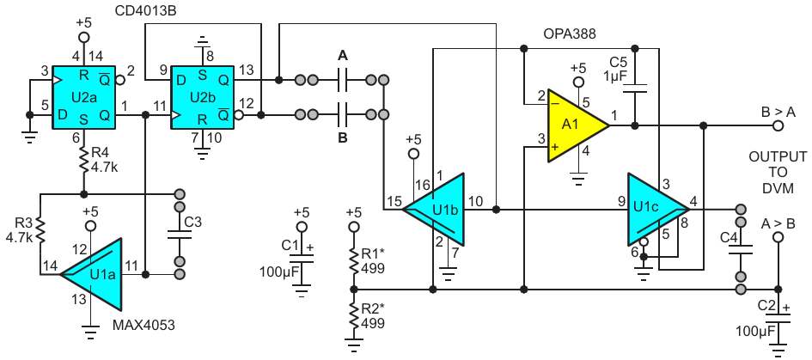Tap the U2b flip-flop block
point(204,97)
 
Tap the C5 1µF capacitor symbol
point(635,87)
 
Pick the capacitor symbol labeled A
point(342,80)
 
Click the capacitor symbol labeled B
point(342,114)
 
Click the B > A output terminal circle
point(777,125)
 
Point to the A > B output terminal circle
point(777,237)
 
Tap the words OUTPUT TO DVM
point(778,173)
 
